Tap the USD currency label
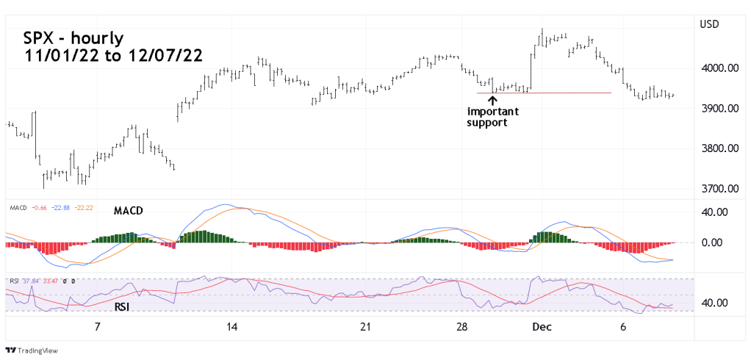(709, 24)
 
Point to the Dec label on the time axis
(542, 326)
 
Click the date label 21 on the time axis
(365, 326)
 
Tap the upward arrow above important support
(492, 98)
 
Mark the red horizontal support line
(558, 93)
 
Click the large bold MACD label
(128, 211)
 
